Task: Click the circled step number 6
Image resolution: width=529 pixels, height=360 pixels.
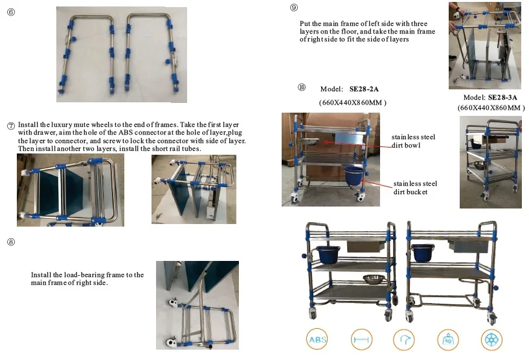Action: (x=11, y=12)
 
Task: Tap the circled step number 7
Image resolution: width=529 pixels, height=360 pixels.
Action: (x=11, y=126)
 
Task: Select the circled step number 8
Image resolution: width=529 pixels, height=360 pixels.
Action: (x=11, y=242)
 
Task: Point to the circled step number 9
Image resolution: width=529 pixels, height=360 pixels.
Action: (x=294, y=7)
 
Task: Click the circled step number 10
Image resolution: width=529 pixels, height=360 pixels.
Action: (x=302, y=87)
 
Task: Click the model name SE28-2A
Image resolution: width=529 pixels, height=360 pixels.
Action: (x=364, y=89)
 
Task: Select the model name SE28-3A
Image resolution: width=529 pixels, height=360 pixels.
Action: (x=502, y=98)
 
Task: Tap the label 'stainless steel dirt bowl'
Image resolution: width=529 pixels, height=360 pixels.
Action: (x=413, y=141)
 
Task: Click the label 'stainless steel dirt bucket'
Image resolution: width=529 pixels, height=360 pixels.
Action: (x=415, y=188)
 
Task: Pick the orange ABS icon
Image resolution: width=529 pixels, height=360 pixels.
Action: (x=317, y=339)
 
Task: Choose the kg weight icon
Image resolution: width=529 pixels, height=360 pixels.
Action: (x=448, y=339)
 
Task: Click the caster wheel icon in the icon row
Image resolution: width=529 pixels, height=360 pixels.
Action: (x=491, y=339)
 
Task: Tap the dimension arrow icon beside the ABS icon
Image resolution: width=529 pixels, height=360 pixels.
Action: (x=361, y=339)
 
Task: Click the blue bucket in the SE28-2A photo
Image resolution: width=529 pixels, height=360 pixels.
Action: (x=354, y=175)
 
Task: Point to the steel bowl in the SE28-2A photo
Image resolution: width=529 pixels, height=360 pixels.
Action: (x=310, y=141)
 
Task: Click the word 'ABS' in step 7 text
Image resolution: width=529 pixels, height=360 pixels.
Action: (x=125, y=133)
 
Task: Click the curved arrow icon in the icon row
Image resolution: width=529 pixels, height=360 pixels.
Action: (x=404, y=339)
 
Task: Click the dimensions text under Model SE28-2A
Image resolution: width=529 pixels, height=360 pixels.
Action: (x=352, y=102)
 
